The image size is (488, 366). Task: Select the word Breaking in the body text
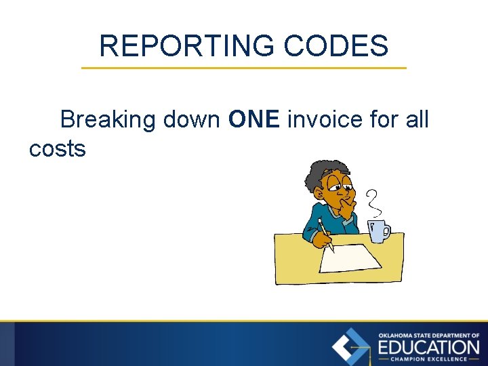tap(108, 120)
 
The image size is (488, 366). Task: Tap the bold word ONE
tap(254, 120)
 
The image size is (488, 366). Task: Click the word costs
tap(58, 148)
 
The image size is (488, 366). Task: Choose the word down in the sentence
tap(191, 120)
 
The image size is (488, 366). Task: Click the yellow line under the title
tap(244, 68)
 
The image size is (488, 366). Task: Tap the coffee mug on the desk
tap(378, 230)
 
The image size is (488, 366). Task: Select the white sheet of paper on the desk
tap(349, 258)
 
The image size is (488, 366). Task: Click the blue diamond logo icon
tap(351, 346)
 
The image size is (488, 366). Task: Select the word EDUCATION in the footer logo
tap(429, 347)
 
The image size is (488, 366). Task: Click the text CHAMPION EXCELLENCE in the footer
tap(428, 359)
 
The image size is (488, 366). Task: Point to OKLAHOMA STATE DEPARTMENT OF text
tap(429, 335)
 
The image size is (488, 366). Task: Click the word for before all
tap(384, 120)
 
